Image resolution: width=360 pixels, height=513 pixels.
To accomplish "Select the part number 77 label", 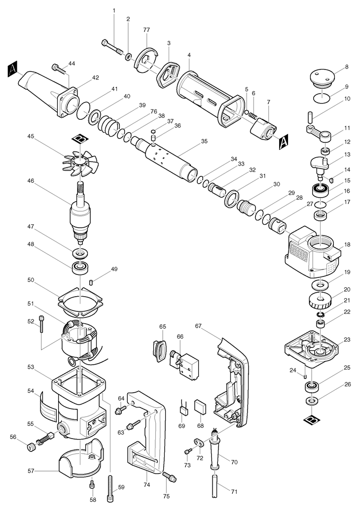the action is point(146,30).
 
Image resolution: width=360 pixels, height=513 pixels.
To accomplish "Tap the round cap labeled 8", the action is point(322,78).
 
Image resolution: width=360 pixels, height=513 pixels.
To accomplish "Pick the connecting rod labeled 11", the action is point(319,132).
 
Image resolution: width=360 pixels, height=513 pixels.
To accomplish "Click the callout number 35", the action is point(204,141).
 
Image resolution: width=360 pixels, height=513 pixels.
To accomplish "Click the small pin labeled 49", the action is point(92,281).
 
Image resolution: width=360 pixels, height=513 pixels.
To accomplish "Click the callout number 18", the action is point(347,245).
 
